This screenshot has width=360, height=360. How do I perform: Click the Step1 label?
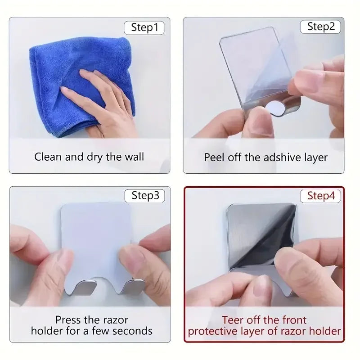(144, 27)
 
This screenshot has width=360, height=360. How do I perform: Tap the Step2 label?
(321, 27)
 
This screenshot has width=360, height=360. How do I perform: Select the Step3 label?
(144, 196)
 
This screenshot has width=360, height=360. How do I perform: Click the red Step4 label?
(320, 196)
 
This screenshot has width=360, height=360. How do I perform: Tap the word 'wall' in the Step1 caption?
(134, 157)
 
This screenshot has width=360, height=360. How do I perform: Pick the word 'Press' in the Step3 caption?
(68, 320)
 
